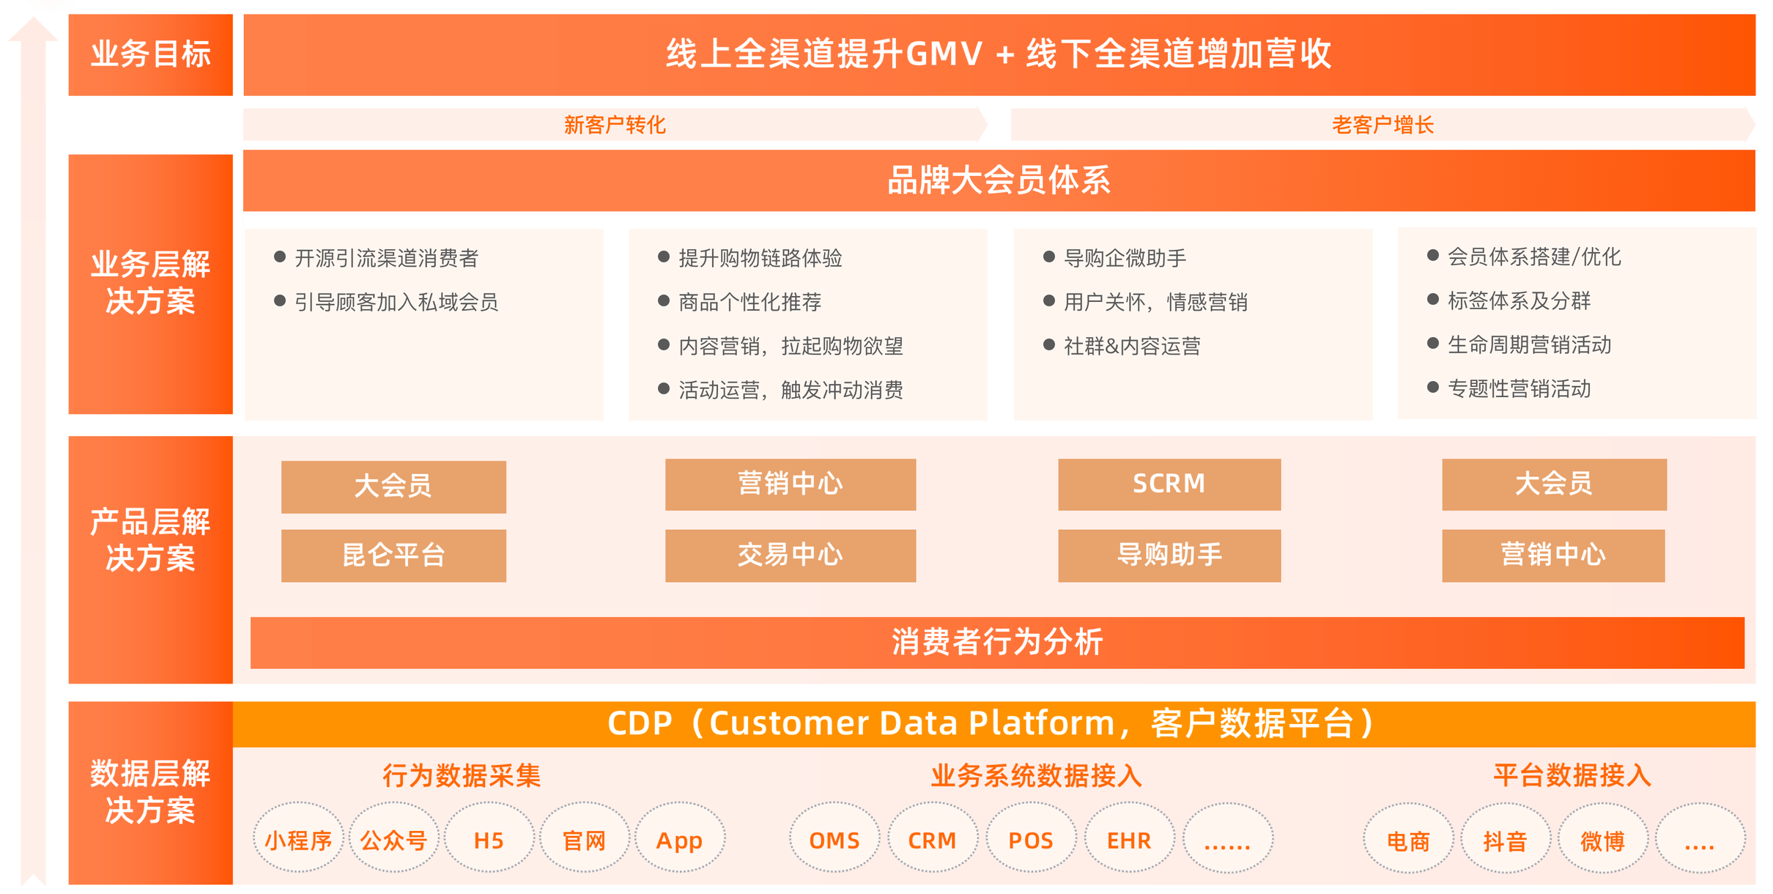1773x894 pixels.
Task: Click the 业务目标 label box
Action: tap(150, 55)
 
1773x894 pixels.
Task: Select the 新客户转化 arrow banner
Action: tap(615, 125)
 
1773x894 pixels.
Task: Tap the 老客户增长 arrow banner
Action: tap(1383, 125)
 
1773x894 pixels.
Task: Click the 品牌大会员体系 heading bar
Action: tap(999, 180)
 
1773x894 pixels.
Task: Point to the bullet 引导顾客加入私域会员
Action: tap(386, 302)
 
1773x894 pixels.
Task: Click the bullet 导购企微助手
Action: tap(1114, 258)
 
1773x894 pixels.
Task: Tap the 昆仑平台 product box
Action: tap(393, 555)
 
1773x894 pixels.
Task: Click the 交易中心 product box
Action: tap(791, 555)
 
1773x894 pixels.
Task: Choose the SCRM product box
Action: tap(1169, 484)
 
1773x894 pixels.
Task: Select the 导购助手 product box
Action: tap(1169, 555)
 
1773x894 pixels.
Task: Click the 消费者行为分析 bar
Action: tap(997, 643)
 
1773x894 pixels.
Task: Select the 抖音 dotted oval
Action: tap(1506, 838)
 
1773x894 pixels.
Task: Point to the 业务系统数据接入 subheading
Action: tap(1037, 775)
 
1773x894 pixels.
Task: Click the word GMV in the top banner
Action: tap(944, 53)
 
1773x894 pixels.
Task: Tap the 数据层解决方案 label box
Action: tap(150, 793)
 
